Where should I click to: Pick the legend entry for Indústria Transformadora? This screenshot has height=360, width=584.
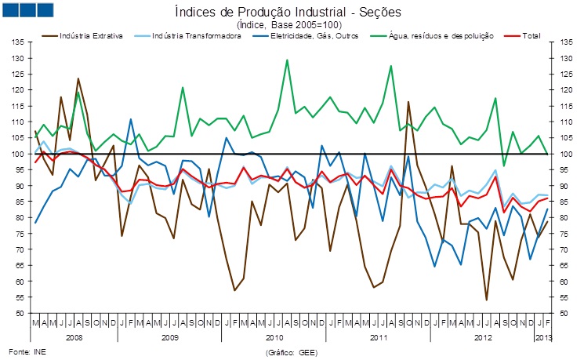point(188,36)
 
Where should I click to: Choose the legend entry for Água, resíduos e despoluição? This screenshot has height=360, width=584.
point(416,36)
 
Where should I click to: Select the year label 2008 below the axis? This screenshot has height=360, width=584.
point(74,336)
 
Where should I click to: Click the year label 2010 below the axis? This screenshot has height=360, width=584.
point(274,336)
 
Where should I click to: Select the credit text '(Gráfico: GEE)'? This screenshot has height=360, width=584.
point(290,352)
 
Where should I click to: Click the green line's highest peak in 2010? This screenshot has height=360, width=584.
point(287,60)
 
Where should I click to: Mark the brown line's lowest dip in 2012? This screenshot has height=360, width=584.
point(487,300)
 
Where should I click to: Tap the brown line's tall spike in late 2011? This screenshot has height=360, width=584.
point(408,101)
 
